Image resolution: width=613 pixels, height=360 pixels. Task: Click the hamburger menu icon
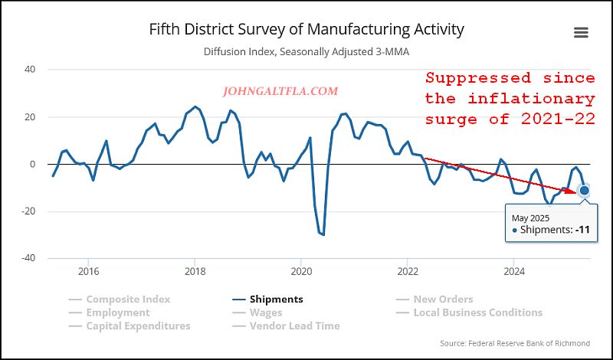[580, 32]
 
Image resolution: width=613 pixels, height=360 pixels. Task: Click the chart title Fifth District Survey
[306, 30]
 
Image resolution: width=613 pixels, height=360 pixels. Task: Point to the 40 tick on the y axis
[31, 70]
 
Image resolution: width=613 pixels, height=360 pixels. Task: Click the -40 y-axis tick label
[29, 258]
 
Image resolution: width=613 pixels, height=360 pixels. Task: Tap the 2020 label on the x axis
[301, 271]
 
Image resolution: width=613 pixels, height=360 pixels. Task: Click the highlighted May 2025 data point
[585, 190]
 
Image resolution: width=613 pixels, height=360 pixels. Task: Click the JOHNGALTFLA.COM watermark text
[280, 91]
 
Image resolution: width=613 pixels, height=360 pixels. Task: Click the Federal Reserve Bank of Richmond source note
[515, 343]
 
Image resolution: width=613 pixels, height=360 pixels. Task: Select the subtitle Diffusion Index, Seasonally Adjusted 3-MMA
[306, 52]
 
